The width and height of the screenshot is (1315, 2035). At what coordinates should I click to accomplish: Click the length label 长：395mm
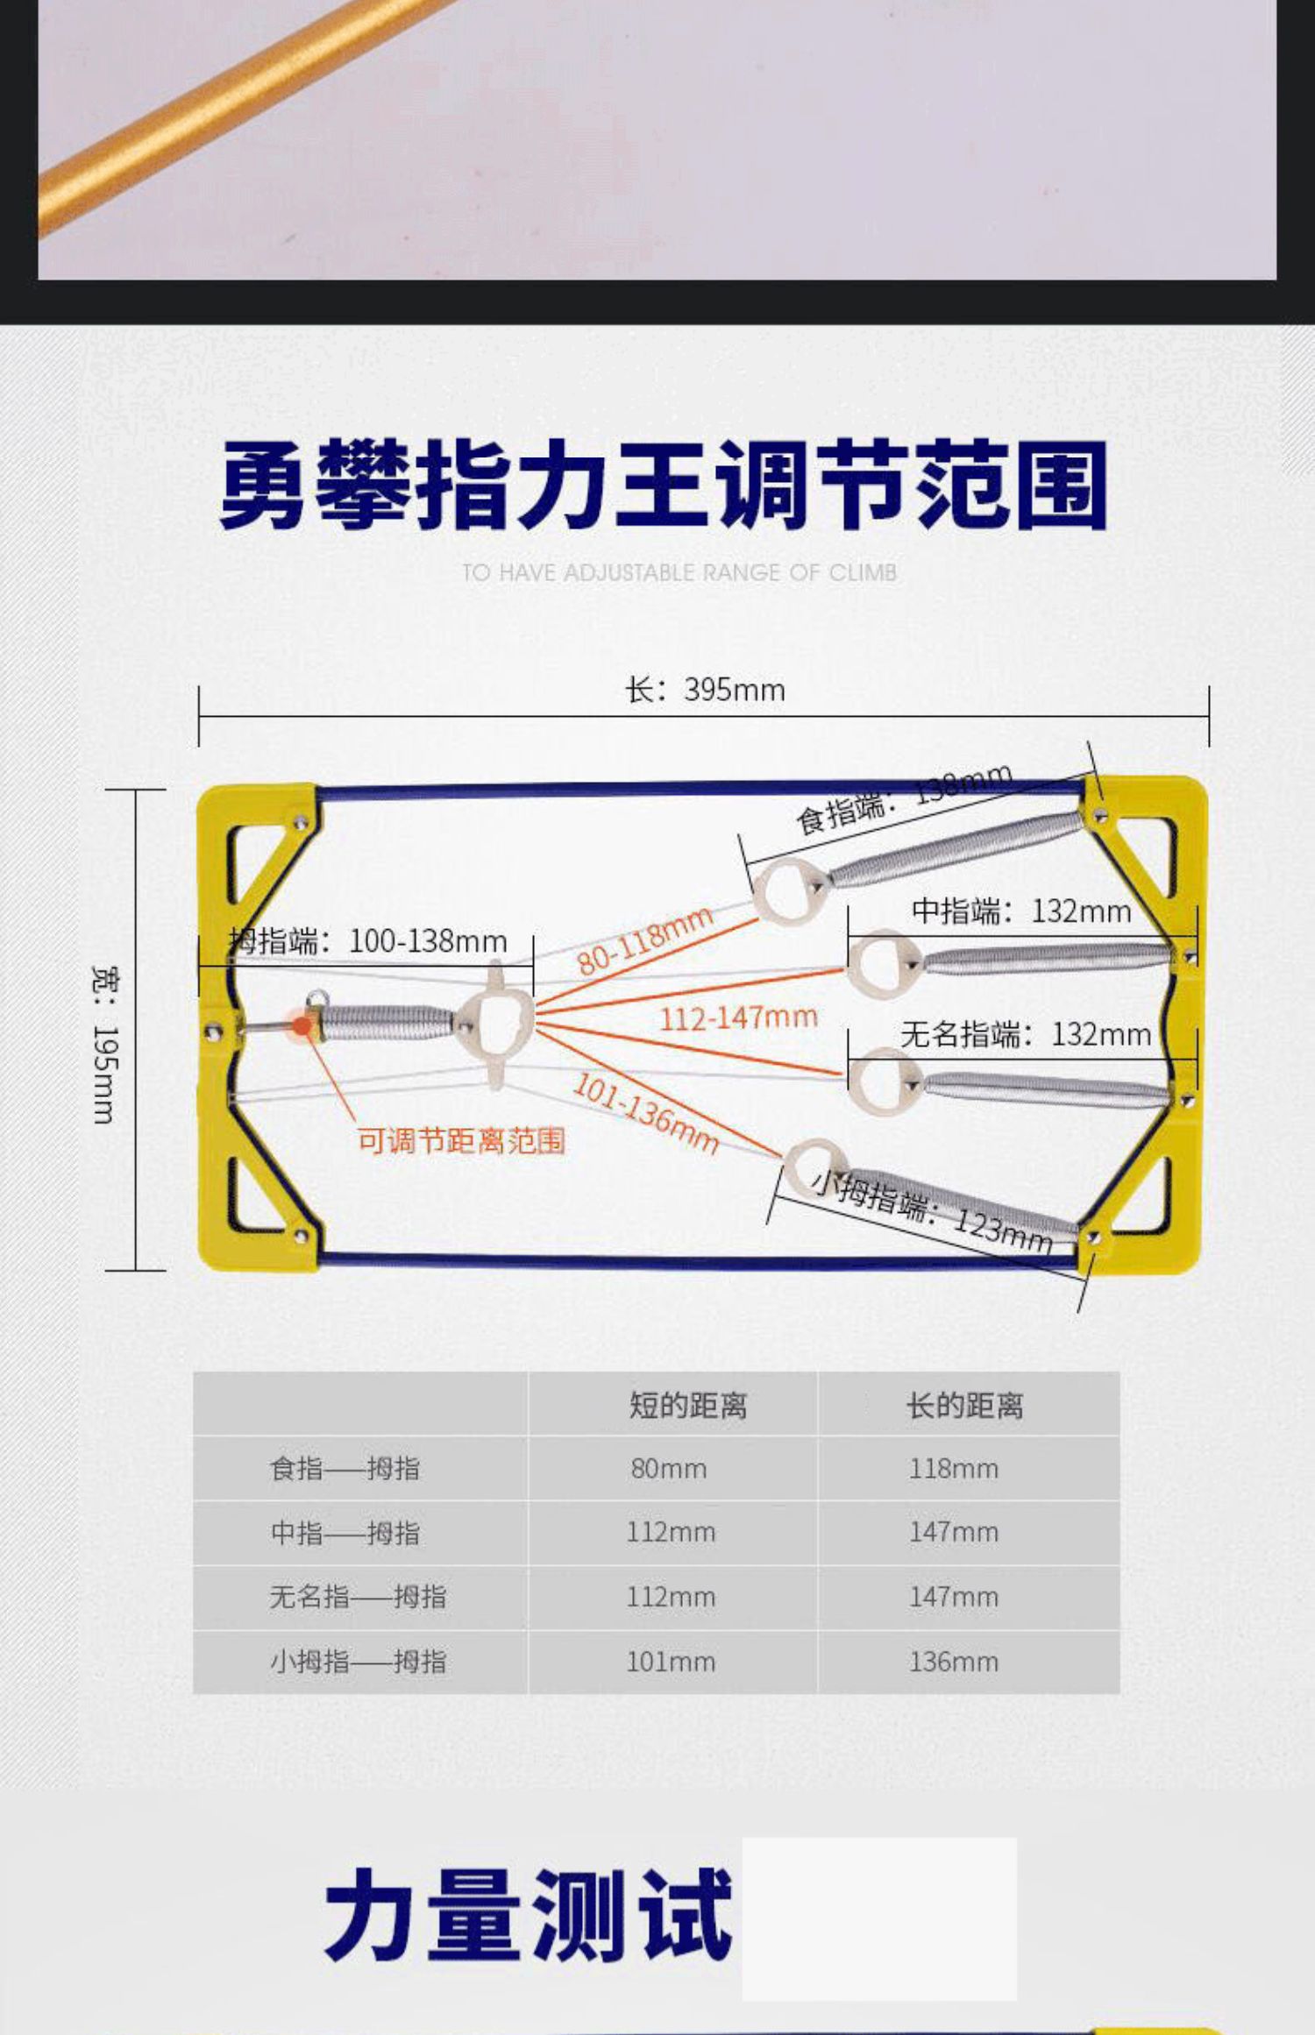click(705, 690)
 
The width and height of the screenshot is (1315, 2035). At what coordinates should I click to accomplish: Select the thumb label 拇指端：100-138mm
click(368, 941)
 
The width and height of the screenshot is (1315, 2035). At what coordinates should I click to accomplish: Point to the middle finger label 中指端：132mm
click(1021, 911)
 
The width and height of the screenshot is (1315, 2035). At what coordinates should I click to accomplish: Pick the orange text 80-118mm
click(645, 941)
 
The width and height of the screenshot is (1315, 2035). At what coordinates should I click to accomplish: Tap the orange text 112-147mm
click(738, 1017)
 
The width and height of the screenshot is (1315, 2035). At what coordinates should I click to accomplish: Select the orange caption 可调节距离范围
click(461, 1140)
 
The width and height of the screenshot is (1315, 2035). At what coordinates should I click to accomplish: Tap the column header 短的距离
click(687, 1406)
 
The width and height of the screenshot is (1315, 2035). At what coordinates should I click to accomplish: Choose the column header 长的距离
click(964, 1406)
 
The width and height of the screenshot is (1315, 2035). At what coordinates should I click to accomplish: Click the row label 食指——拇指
click(345, 1468)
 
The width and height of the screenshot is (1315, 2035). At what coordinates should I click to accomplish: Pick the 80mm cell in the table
click(669, 1468)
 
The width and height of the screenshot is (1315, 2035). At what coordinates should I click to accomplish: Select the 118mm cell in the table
click(954, 1468)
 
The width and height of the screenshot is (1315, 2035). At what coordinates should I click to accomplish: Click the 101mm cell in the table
click(671, 1662)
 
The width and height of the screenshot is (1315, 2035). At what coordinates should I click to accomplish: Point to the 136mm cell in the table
click(954, 1662)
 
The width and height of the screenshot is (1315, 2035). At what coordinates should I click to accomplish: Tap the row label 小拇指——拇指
click(358, 1662)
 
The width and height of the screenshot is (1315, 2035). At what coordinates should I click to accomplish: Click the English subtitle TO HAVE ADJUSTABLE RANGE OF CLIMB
click(679, 573)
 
